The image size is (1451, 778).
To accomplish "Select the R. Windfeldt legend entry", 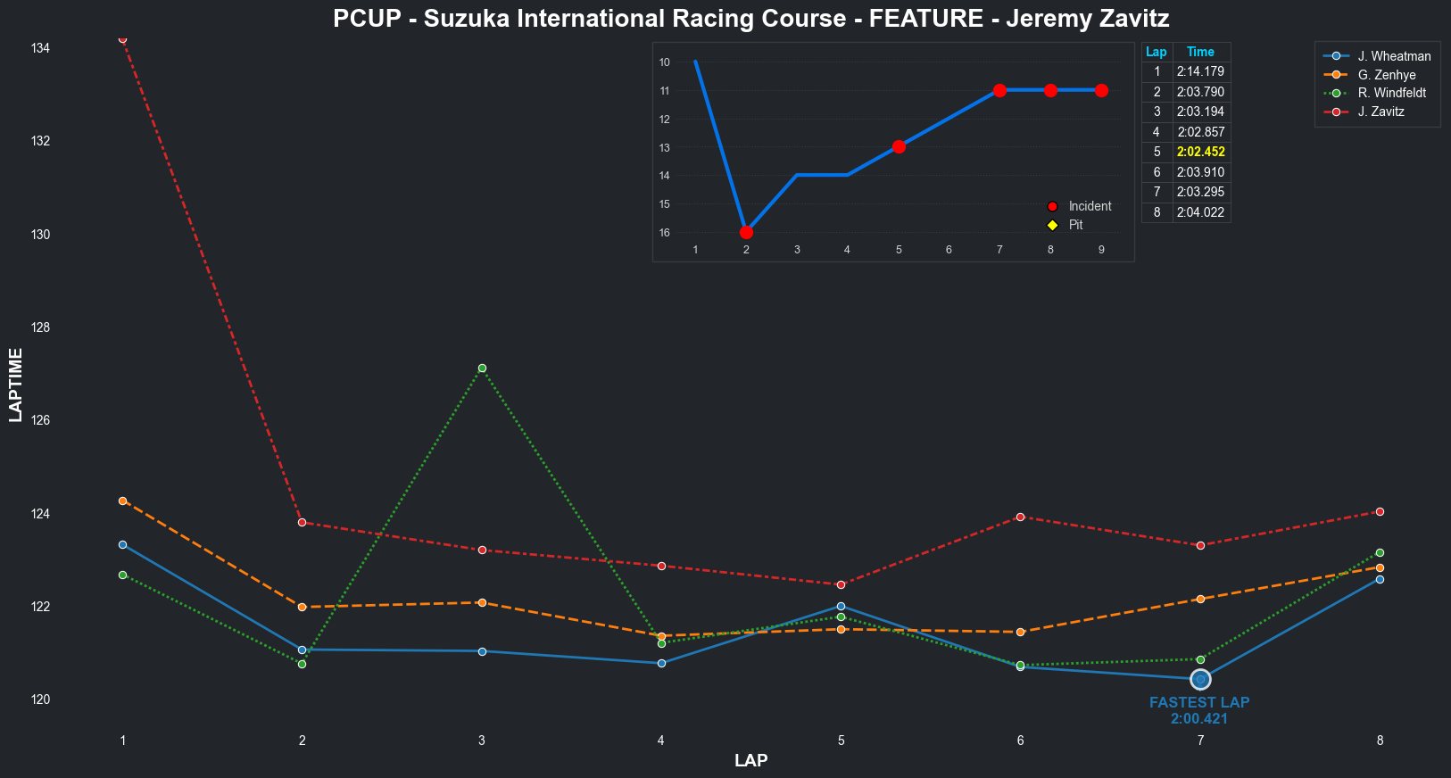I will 1391,94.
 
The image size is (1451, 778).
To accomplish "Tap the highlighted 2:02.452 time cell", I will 1200,152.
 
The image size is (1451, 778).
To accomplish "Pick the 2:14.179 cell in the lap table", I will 1200,71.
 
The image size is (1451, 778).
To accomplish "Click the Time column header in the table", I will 1200,52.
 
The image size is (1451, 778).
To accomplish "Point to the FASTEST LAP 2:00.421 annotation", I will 1199,711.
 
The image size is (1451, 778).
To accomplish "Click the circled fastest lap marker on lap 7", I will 1200,680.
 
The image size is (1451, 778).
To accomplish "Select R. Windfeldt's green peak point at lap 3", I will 482,368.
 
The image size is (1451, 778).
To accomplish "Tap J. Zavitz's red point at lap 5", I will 841,584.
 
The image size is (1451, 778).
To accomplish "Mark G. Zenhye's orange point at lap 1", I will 123,501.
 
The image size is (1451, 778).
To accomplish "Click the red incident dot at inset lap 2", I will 746,232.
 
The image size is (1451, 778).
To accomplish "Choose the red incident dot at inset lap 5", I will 899,146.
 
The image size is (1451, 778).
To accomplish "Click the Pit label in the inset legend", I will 1075,225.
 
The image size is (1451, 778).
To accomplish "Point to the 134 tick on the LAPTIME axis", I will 40,48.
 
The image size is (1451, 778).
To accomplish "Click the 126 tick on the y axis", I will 40,420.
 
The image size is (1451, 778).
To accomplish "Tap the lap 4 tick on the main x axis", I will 661,741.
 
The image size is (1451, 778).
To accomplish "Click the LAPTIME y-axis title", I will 15,385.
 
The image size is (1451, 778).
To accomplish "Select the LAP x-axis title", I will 750,760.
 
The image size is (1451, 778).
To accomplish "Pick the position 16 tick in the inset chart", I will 665,233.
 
